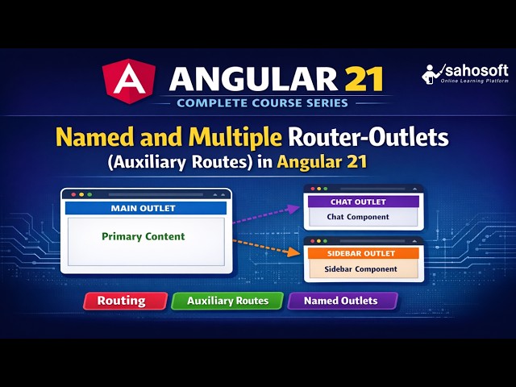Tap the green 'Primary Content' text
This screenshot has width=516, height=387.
pos(144,236)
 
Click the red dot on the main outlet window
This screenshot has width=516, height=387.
pos(72,195)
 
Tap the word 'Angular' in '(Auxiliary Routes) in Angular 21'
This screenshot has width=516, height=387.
pos(311,160)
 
